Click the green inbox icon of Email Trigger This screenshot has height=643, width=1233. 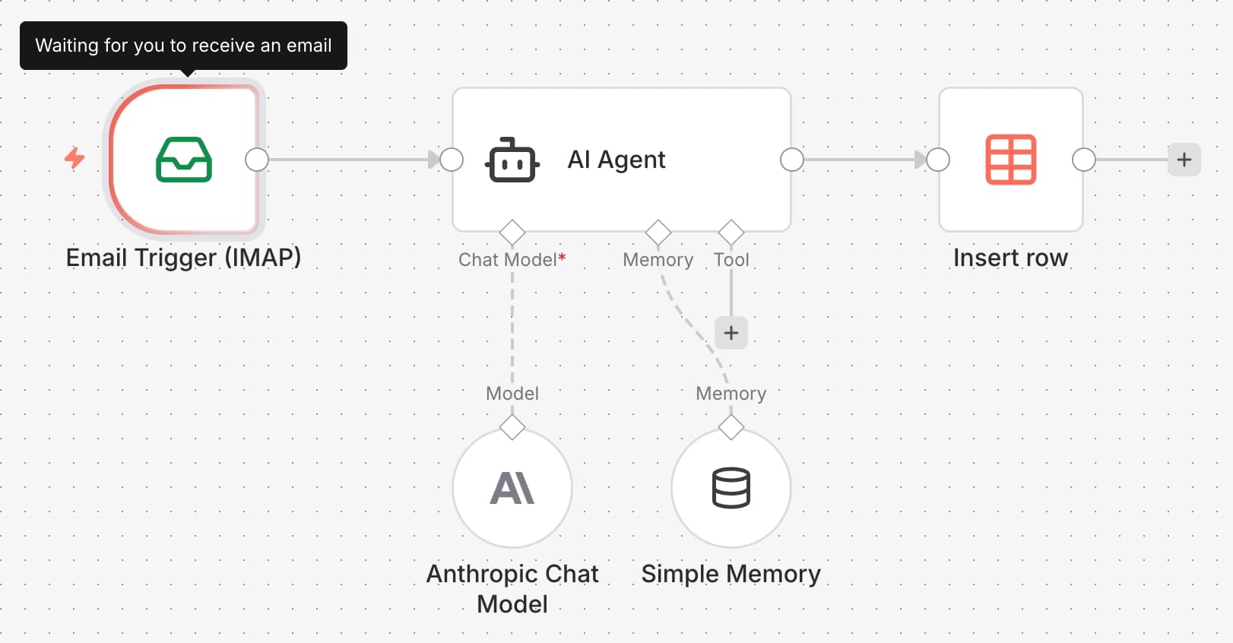click(184, 160)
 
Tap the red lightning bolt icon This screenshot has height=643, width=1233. click(74, 158)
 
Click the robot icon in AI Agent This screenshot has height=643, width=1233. click(512, 160)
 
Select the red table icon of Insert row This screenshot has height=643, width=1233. click(1010, 160)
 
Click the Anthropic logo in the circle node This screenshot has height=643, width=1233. click(512, 488)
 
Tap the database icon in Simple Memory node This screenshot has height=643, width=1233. click(731, 488)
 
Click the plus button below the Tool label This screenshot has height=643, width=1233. click(731, 333)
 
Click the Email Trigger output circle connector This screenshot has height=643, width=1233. click(257, 160)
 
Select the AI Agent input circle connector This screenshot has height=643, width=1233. click(452, 160)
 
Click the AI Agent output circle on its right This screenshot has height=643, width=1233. click(792, 160)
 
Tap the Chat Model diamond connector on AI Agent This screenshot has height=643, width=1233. click(512, 232)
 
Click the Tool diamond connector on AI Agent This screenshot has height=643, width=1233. click(731, 232)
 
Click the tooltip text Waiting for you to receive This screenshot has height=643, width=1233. click(183, 46)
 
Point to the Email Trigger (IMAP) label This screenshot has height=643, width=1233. click(183, 258)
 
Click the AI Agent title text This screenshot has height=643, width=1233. click(616, 160)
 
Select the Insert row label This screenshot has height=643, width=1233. click(1010, 258)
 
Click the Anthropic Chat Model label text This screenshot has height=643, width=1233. click(512, 588)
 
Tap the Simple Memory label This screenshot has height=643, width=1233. click(731, 574)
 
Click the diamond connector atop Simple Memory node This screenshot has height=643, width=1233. click(731, 427)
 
